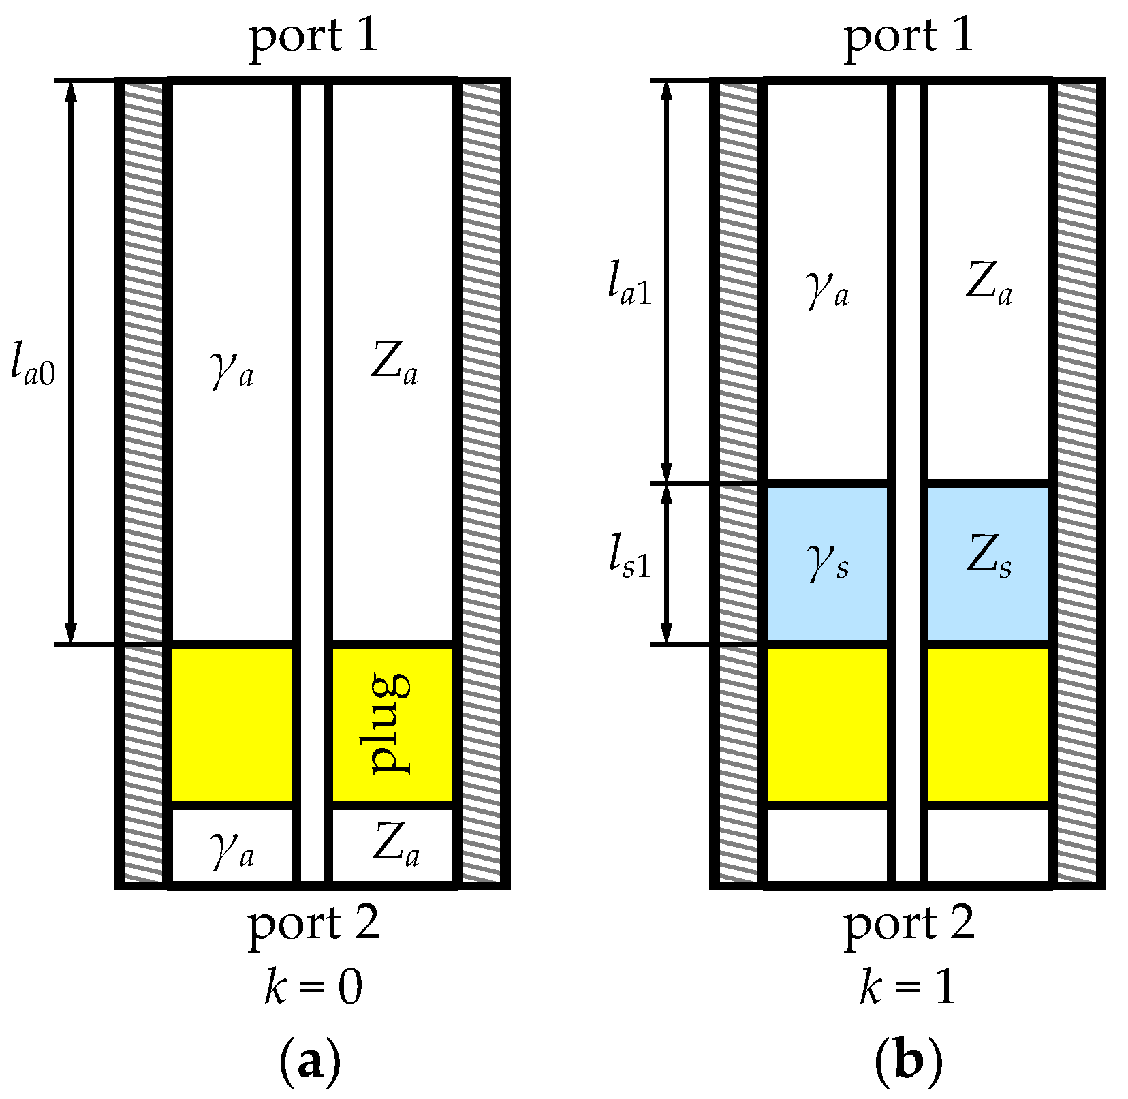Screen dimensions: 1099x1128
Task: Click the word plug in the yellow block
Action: pos(390,724)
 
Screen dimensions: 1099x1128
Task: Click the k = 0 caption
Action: pos(313,987)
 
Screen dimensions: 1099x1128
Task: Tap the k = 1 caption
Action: pos(908,987)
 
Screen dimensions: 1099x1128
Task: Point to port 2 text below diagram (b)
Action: pos(909,925)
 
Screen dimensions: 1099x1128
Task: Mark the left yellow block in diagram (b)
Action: pos(828,724)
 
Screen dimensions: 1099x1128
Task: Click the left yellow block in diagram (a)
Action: pos(232,724)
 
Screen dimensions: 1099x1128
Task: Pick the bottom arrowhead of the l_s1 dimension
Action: pos(667,634)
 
